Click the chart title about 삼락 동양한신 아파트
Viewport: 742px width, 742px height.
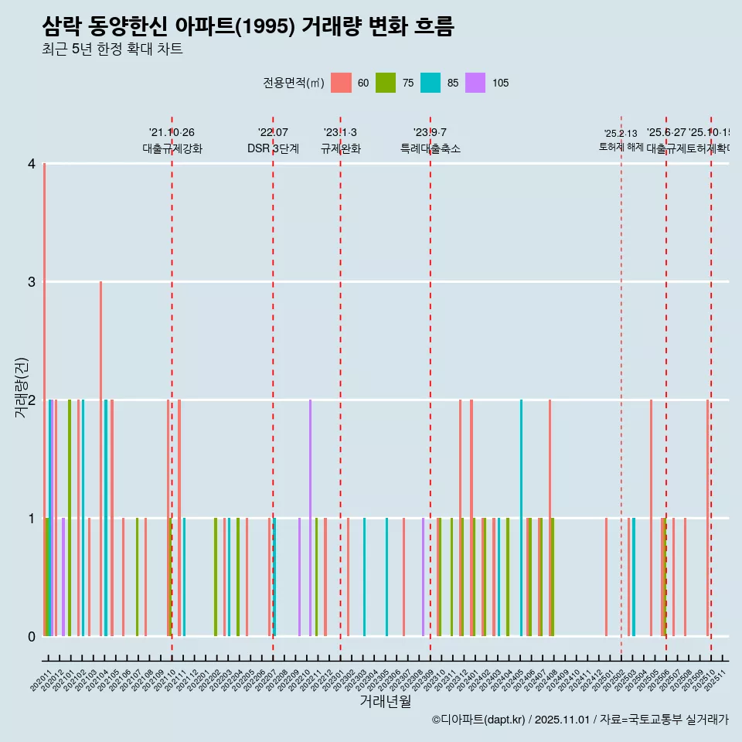[x=247, y=27]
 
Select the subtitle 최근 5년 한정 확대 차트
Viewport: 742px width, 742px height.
[x=112, y=49]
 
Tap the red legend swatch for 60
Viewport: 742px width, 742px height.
[x=341, y=83]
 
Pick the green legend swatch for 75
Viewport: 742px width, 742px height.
[x=386, y=83]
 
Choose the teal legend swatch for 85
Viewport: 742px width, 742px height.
[x=431, y=83]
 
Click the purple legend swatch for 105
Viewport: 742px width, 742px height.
[x=475, y=83]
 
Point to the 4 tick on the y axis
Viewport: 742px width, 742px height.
[x=32, y=164]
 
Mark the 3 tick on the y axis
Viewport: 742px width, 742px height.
[x=32, y=282]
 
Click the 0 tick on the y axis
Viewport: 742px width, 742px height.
[x=32, y=636]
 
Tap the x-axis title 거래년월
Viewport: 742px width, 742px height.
[x=385, y=701]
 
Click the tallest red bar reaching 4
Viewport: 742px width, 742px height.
[x=45, y=400]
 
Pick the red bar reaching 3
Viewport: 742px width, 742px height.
[x=100, y=459]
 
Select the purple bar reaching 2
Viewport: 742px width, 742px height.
[x=311, y=518]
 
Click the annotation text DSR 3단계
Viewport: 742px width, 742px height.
[x=273, y=148]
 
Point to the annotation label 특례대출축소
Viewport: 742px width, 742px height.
[x=430, y=148]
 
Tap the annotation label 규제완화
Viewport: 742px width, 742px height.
[x=340, y=148]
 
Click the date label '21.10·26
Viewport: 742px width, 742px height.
[x=172, y=132]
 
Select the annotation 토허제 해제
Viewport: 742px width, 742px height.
[x=621, y=146]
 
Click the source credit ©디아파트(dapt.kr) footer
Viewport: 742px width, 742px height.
[x=580, y=720]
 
